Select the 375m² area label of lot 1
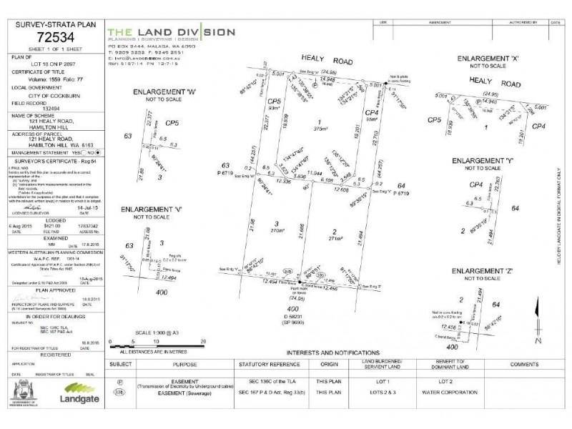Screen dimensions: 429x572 (x=326, y=129)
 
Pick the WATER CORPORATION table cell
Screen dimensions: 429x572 (x=434, y=393)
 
